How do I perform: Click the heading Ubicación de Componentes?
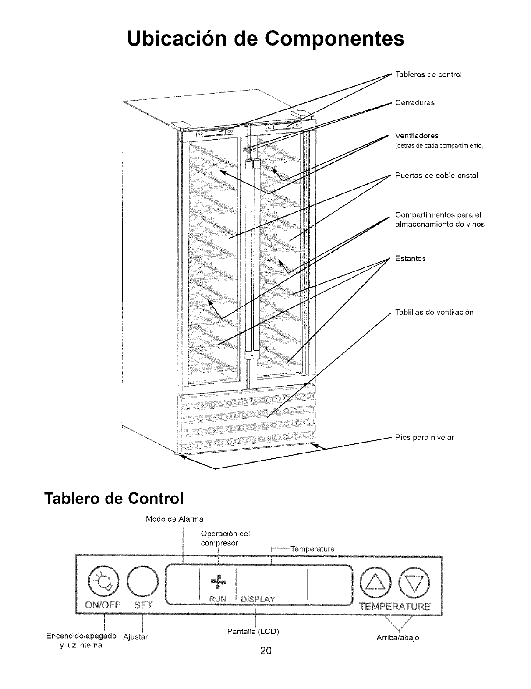(x=265, y=38)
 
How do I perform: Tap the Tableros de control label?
(x=422, y=74)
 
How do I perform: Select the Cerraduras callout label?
(x=414, y=103)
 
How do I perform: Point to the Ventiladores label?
(x=417, y=136)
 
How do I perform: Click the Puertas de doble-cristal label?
(x=436, y=176)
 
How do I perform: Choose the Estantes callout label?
(x=411, y=259)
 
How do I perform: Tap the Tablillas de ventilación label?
(x=434, y=313)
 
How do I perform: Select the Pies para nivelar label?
(x=425, y=437)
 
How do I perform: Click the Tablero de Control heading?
(x=113, y=499)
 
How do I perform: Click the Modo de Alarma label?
(x=174, y=520)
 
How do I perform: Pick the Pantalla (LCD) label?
(x=253, y=632)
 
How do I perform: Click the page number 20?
(x=265, y=651)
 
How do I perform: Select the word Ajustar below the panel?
(x=136, y=636)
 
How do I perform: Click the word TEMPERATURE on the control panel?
(x=395, y=606)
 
